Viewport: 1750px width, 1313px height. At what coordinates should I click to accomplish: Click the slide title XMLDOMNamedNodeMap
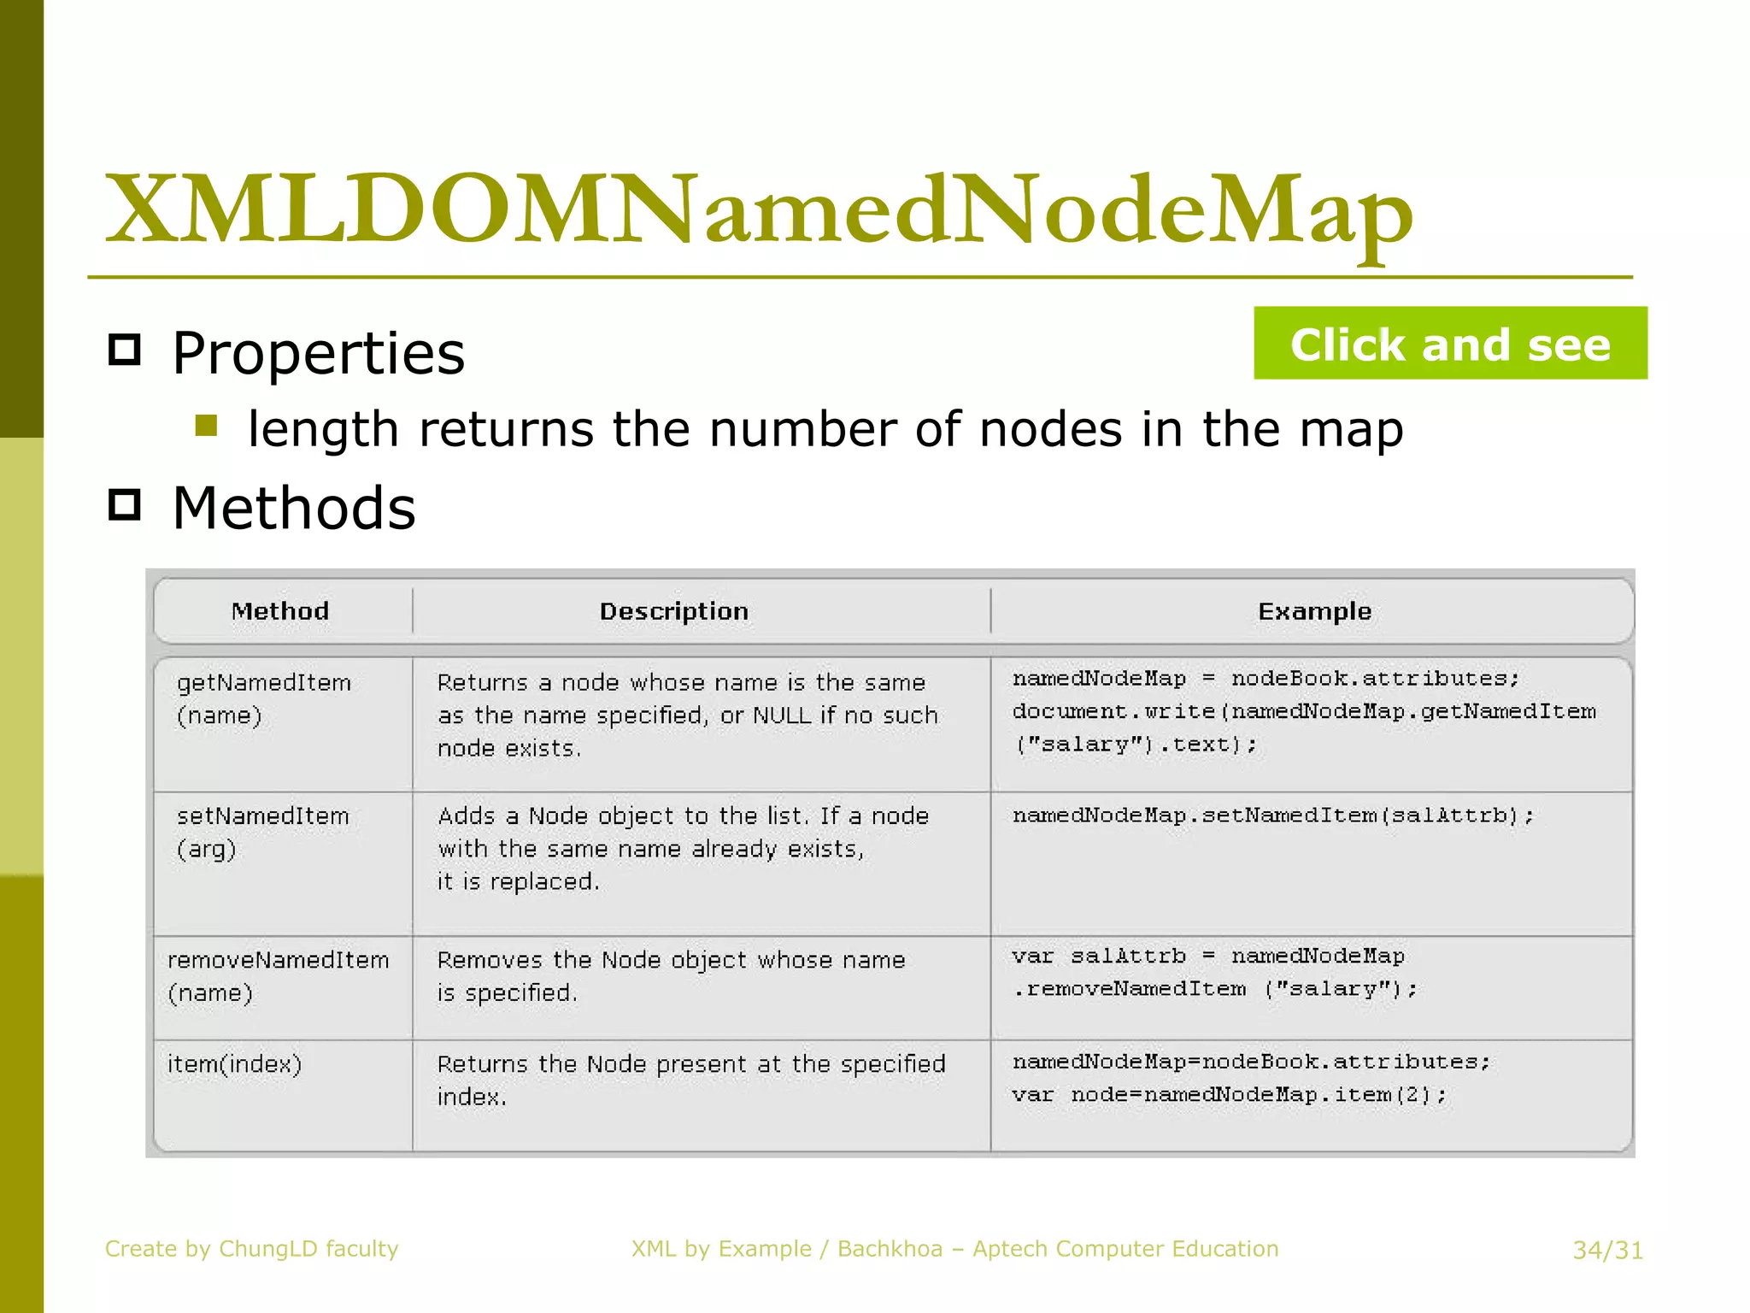tap(759, 209)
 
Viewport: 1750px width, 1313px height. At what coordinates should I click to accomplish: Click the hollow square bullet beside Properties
tap(125, 350)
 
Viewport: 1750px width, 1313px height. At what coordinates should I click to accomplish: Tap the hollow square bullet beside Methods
tap(125, 505)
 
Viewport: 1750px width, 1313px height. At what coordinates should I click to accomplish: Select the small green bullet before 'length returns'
tap(206, 426)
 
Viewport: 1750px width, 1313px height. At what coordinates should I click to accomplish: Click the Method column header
tap(280, 611)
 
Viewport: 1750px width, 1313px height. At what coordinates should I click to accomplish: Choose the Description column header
tap(673, 611)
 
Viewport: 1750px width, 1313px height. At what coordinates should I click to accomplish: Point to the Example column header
tap(1314, 611)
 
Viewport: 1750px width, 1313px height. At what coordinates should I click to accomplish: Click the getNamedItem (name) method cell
tap(263, 698)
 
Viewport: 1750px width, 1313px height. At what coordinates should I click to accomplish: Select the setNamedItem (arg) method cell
tap(262, 832)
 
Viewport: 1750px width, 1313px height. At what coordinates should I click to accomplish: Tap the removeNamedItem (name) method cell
tap(278, 975)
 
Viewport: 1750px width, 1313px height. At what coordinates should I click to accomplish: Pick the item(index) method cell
tap(234, 1064)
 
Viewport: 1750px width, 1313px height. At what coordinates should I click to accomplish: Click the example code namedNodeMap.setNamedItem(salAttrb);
tap(1273, 815)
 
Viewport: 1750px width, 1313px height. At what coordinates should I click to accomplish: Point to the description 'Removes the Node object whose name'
tap(671, 960)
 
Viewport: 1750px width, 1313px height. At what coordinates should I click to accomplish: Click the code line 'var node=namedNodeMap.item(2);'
tap(1229, 1095)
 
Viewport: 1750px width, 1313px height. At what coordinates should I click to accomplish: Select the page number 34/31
tap(1607, 1251)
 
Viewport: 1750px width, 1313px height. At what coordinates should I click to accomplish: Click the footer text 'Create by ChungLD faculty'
tap(251, 1249)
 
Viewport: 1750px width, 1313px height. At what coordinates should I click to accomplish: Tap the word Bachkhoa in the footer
tap(890, 1249)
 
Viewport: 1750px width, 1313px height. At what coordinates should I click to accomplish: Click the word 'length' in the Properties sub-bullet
tap(323, 429)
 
